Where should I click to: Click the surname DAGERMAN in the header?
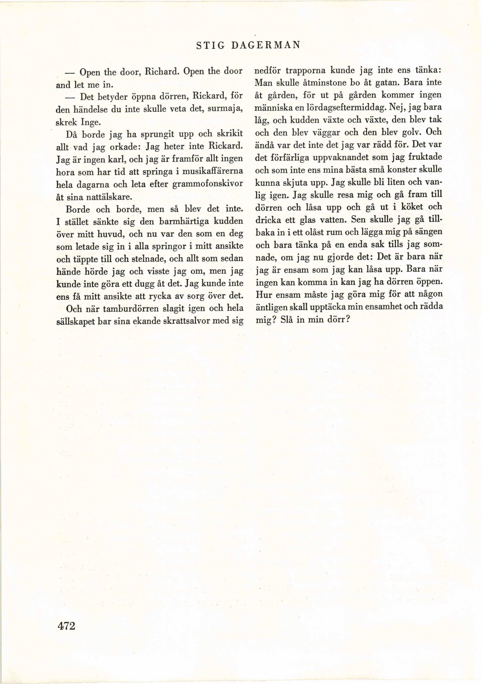265,45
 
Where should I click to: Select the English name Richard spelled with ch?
162,72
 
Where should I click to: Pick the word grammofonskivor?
208,184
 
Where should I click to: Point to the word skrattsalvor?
188,321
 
